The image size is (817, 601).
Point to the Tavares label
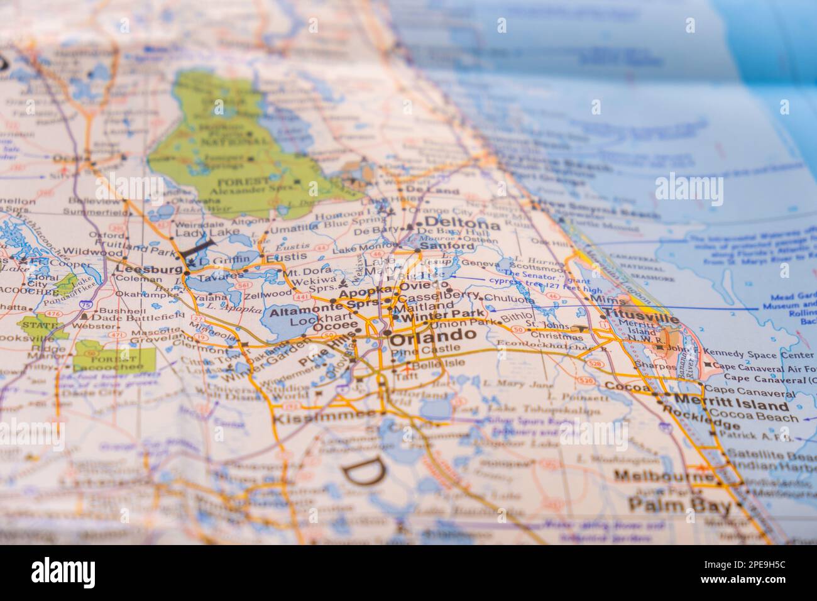220,277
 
